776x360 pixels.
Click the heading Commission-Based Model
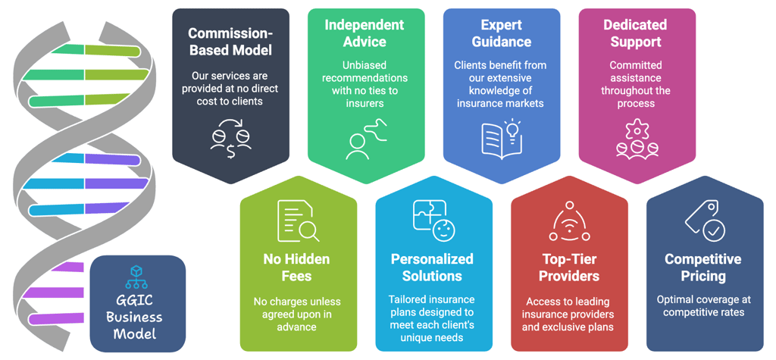pos(230,42)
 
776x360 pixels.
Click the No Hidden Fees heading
pos(297,268)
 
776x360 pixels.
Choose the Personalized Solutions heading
pos(432,268)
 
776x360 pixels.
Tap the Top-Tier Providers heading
pos(568,267)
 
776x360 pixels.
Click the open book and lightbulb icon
pos(501,138)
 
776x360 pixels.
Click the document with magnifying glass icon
pos(296,221)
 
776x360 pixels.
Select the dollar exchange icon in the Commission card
pos(230,137)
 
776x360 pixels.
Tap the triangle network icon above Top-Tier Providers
pos(568,221)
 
